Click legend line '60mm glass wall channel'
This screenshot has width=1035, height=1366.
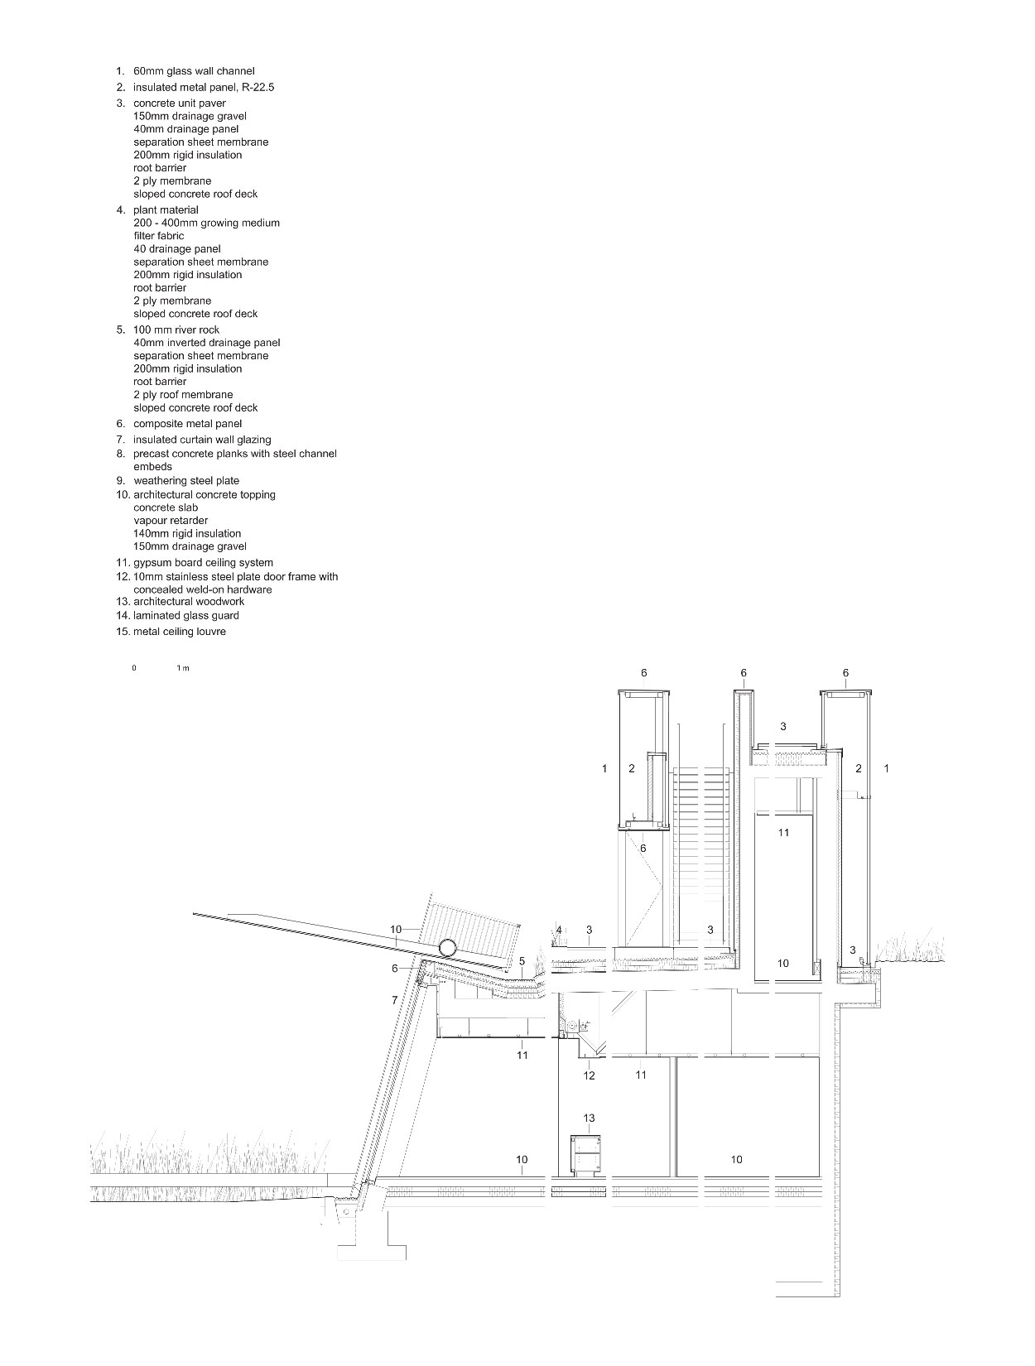pos(194,71)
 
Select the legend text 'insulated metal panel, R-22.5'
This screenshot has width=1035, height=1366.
pos(204,87)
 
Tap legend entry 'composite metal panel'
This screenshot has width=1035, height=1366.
pos(187,424)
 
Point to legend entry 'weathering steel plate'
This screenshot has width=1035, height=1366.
pos(186,480)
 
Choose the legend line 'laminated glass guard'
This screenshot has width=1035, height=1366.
pos(186,615)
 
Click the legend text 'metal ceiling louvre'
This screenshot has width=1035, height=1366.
pos(179,632)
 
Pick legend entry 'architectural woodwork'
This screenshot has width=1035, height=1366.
pos(189,602)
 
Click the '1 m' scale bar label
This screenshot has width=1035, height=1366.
pos(183,668)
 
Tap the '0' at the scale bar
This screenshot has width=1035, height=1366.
pos(134,668)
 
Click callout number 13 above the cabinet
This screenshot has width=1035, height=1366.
pos(589,1118)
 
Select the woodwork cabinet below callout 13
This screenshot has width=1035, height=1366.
pos(585,1157)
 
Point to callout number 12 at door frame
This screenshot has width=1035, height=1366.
pos(589,1075)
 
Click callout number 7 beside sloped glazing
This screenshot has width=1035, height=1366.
pos(395,1001)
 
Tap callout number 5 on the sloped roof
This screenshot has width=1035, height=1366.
pos(522,961)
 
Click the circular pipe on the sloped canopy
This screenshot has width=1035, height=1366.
pos(447,949)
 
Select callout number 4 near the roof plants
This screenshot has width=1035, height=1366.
pos(559,931)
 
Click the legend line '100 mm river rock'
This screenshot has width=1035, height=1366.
pos(176,329)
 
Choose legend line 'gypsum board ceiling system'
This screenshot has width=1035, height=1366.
pos(203,563)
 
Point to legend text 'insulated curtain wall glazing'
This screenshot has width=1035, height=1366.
pos(202,440)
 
